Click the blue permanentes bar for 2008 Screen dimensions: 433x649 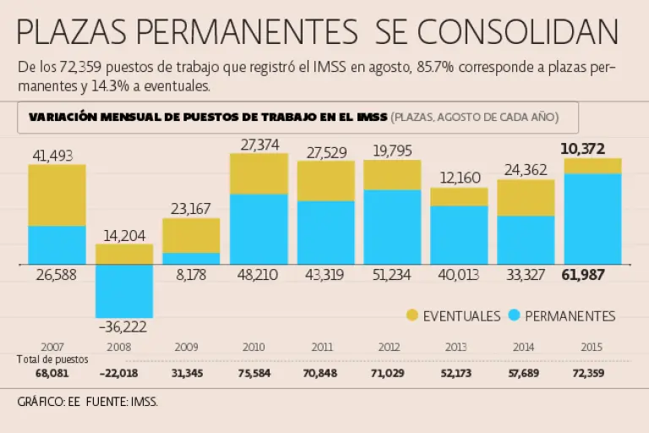point(124,291)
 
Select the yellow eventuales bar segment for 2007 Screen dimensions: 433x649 point(57,195)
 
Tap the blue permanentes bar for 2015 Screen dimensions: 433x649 point(592,219)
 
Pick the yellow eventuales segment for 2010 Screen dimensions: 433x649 point(259,174)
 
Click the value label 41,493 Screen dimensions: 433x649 point(52,155)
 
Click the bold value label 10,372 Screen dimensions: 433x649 point(582,149)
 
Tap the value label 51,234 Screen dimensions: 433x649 point(391,274)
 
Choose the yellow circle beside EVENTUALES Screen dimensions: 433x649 point(412,315)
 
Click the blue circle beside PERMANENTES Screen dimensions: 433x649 point(514,315)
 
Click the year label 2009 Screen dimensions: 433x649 point(186,347)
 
